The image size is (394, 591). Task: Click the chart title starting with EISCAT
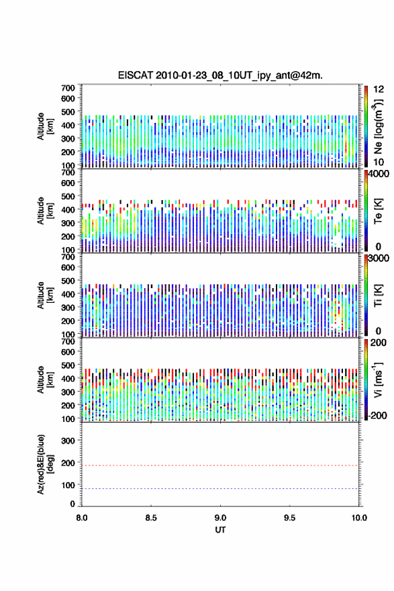pos(220,75)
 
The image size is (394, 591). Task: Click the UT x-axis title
pos(220,530)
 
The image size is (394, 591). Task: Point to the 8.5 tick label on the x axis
pos(151,518)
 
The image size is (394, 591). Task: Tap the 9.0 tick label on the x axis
pos(220,518)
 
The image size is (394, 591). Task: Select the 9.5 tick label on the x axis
pos(290,518)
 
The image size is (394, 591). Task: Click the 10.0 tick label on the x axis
pos(359,518)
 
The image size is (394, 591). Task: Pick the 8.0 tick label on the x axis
pos(82,518)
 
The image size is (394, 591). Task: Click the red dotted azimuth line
pos(220,465)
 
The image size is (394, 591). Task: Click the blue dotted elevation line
pos(220,488)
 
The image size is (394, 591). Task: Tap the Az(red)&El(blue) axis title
pos(45,464)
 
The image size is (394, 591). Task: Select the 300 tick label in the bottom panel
pos(68,441)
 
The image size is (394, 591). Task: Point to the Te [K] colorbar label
pos(378,211)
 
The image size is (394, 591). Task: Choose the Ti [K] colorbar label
pos(378,295)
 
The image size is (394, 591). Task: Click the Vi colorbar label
pos(378,379)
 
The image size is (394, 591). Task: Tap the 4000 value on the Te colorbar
pos(379,174)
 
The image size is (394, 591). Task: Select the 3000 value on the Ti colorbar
pos(379,259)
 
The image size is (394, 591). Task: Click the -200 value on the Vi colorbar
pos(377,415)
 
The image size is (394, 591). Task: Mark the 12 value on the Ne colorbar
pos(379,89)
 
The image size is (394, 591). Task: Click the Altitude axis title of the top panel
pos(45,126)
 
